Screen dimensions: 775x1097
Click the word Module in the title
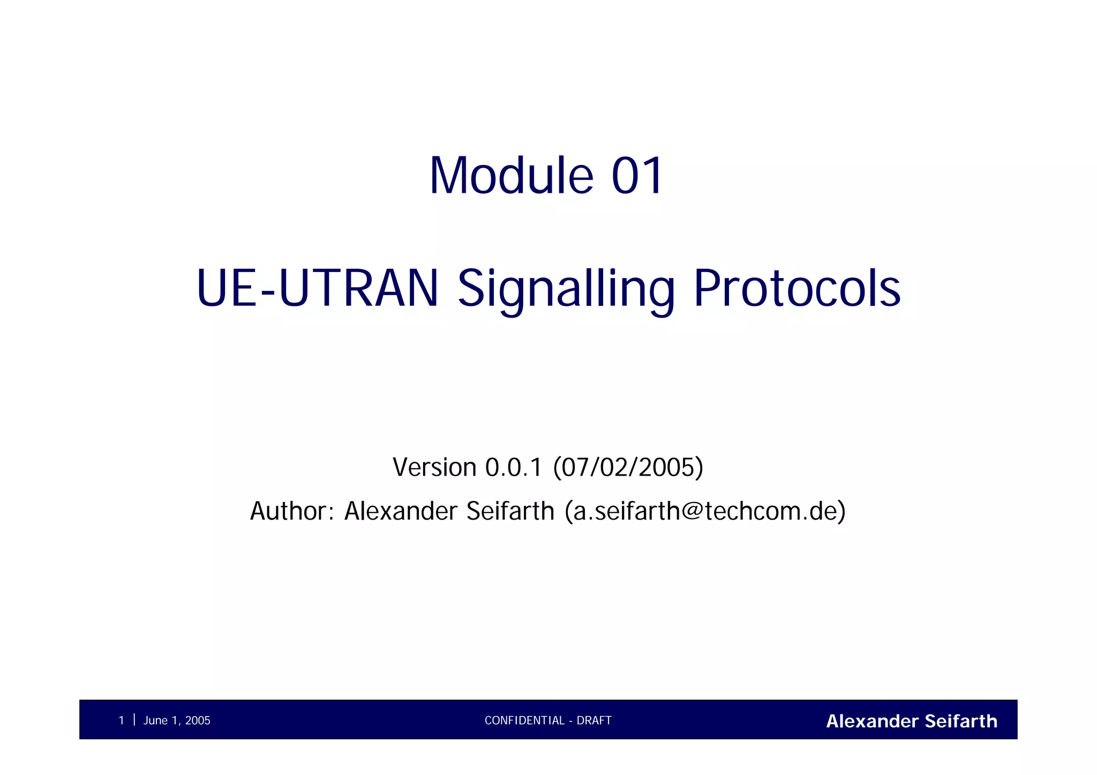[511, 176]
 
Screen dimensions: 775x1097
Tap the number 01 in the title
[637, 176]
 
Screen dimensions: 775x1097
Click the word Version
[434, 467]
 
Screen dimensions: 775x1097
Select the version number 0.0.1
[514, 467]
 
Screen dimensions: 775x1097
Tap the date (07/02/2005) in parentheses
[628, 467]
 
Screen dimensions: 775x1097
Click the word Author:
[292, 511]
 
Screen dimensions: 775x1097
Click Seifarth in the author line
[510, 511]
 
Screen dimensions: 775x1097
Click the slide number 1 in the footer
[121, 720]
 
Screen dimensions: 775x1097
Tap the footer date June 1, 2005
[177, 720]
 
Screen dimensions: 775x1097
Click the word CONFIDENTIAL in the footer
[524, 720]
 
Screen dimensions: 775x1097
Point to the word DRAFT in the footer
[594, 720]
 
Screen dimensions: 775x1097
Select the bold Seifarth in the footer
[961, 721]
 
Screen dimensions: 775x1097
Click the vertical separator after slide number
[134, 720]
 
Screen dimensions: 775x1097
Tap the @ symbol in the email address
[692, 511]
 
